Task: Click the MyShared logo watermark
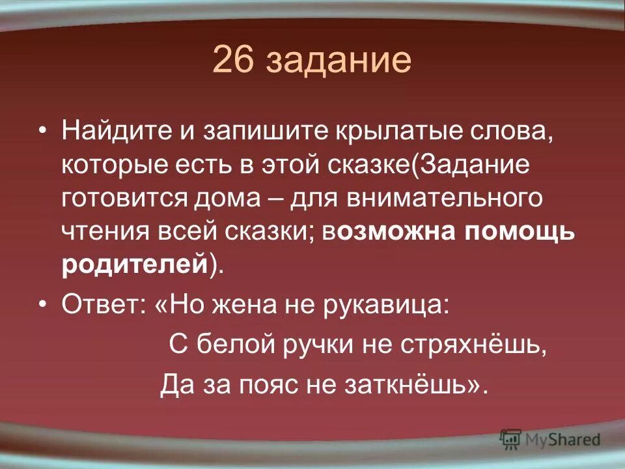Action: coord(550,438)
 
